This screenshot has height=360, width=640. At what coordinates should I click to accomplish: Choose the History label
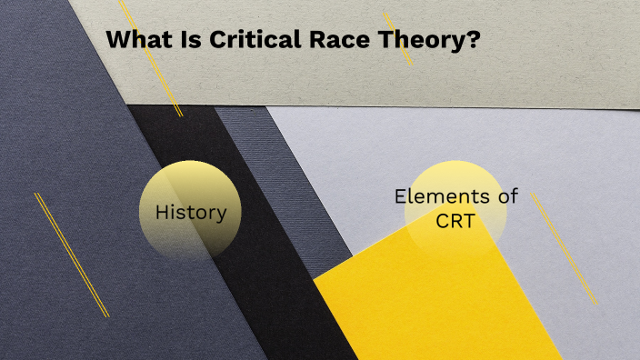point(190,213)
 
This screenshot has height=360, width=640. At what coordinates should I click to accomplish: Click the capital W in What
point(117,40)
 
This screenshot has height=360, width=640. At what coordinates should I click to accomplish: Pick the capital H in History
point(162,213)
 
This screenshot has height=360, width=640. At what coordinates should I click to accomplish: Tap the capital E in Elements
point(399,195)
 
